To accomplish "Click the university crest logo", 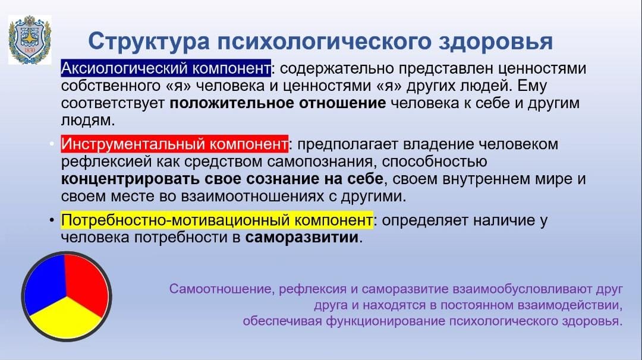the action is coord(30,40).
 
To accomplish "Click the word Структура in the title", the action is coord(149,42).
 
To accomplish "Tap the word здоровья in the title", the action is coord(496,42).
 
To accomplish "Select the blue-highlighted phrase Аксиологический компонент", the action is coord(166,68).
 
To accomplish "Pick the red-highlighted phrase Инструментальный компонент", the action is coord(174,144).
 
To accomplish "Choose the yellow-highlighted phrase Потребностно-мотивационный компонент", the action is coord(217,220).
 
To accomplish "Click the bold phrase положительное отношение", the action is coord(278,103).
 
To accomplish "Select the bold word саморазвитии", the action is coord(302,237).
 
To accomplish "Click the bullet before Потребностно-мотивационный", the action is coord(52,220).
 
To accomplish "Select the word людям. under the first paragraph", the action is coord(88,120).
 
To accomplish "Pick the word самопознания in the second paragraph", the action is coord(320,162).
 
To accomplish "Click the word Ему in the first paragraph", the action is coord(532,86).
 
